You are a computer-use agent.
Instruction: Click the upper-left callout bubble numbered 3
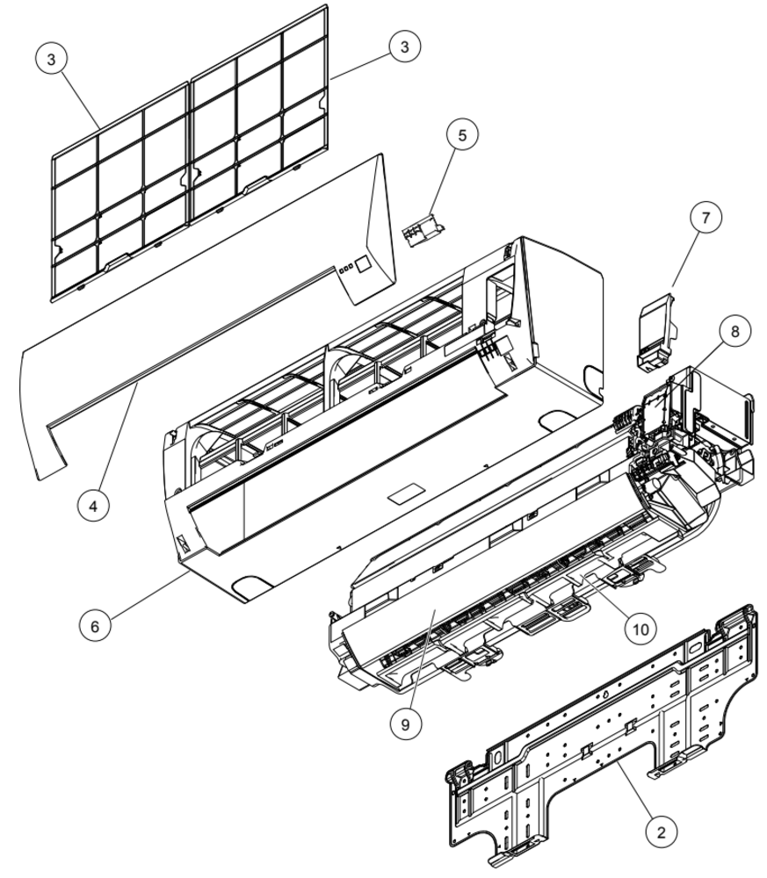[x=52, y=59]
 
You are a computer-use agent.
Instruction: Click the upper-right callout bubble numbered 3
[x=404, y=47]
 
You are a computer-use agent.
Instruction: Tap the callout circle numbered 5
[x=462, y=135]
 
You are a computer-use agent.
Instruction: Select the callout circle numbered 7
[x=705, y=217]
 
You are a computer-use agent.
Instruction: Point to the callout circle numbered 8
[x=735, y=332]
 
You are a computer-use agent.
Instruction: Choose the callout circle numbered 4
[x=93, y=507]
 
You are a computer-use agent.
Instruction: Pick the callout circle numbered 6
[x=94, y=626]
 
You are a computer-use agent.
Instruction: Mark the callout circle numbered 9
[x=405, y=724]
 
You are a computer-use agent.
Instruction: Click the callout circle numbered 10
[x=640, y=630]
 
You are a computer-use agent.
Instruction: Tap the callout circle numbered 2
[x=661, y=832]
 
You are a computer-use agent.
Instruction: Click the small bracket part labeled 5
[x=423, y=230]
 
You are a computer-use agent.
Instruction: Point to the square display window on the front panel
[x=363, y=264]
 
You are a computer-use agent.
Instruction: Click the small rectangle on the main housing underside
[x=406, y=493]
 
